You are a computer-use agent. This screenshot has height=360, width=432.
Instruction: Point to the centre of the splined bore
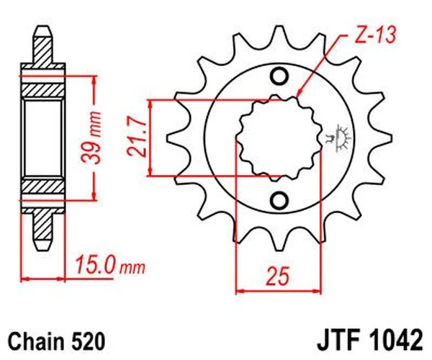pos(279,137)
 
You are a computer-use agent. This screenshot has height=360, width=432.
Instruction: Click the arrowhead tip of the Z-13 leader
pos(297,96)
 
